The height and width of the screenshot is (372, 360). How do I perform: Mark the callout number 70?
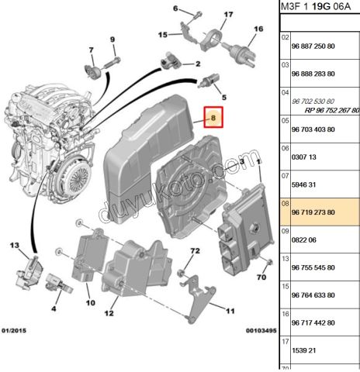tap(261, 277)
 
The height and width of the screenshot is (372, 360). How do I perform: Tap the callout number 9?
tap(112, 40)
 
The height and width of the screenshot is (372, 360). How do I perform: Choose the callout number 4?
tap(54, 308)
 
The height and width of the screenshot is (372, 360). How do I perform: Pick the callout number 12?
tap(109, 314)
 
